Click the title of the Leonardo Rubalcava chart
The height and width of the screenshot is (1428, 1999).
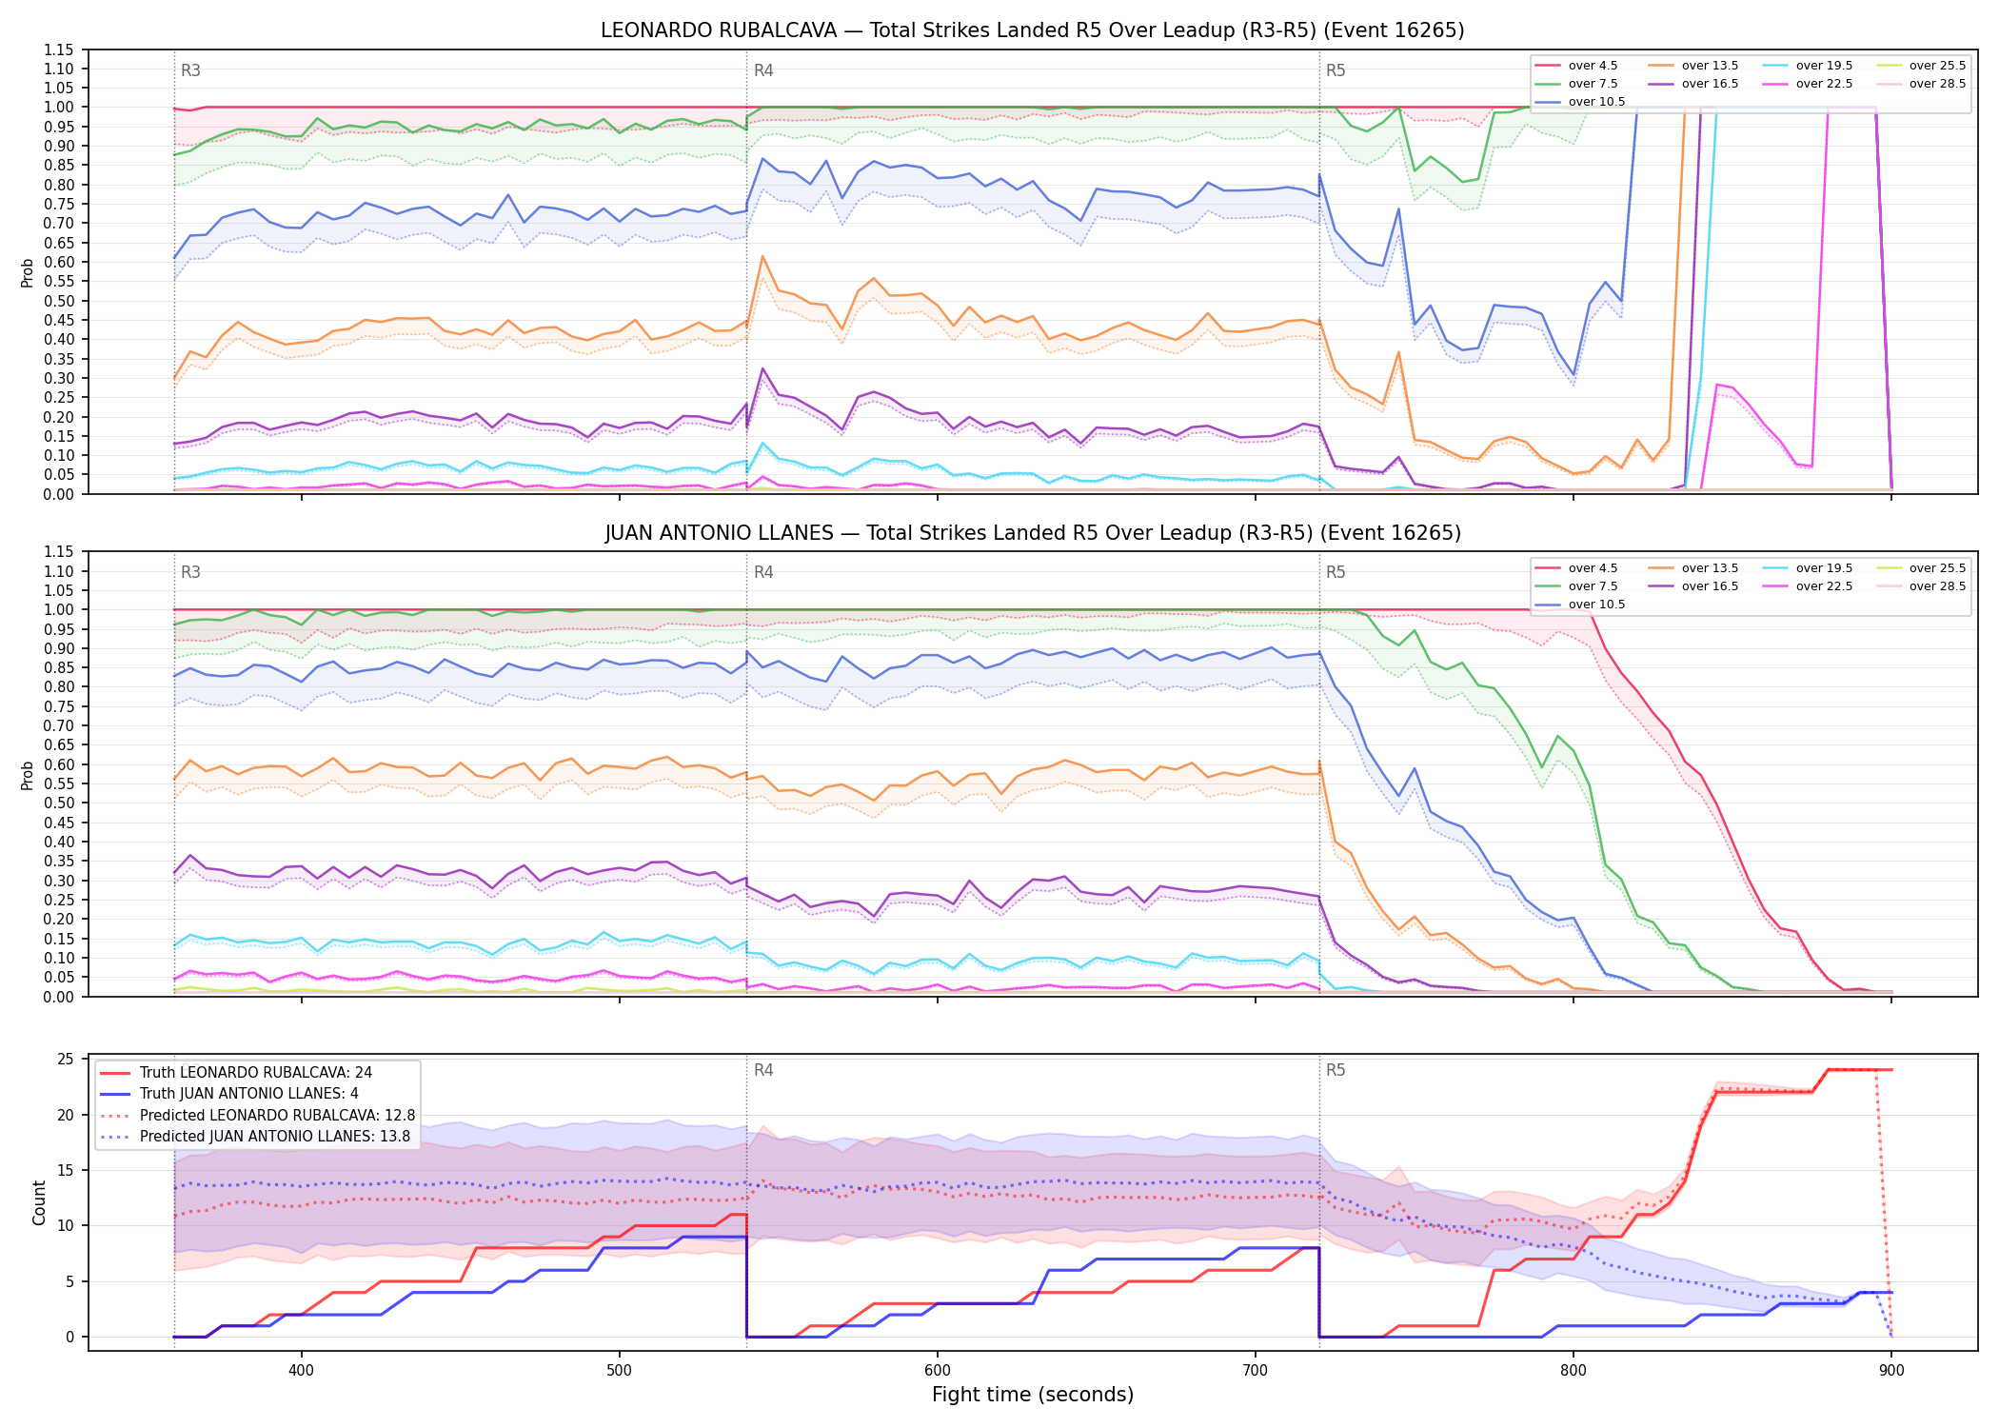tap(1032, 30)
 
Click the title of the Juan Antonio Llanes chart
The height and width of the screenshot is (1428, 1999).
tap(1033, 533)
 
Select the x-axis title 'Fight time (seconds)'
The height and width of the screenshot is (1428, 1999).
tap(1033, 1395)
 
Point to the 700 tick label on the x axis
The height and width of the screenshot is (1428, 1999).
tap(1256, 1370)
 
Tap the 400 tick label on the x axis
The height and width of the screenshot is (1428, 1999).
tap(301, 1370)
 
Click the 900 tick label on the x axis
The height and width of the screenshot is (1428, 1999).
tap(1891, 1370)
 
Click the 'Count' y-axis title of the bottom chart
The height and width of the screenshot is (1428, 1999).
tap(39, 1202)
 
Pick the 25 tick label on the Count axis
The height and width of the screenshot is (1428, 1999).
tap(66, 1060)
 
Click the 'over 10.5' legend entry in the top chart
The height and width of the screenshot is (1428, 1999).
tap(1580, 102)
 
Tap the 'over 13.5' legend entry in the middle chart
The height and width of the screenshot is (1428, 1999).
tap(1693, 568)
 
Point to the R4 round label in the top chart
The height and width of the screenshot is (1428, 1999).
tap(763, 70)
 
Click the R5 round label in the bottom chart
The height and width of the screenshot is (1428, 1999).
tap(1336, 1070)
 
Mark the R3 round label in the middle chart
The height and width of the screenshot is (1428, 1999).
tap(190, 572)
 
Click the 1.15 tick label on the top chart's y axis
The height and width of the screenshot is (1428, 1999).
tap(58, 50)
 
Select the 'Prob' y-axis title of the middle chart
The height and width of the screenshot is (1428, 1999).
tap(28, 775)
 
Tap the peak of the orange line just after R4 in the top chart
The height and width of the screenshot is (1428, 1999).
tap(762, 256)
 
